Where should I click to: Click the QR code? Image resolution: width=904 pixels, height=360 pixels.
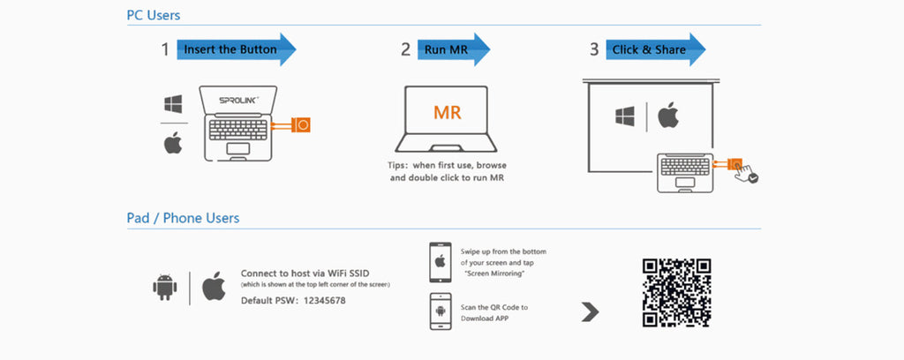pyautogui.click(x=677, y=293)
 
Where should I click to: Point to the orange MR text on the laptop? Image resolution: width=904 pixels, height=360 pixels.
pyautogui.click(x=447, y=112)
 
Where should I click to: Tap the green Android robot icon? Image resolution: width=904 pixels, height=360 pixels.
pyautogui.click(x=164, y=287)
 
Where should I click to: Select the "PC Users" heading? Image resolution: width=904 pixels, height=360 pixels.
pyautogui.click(x=154, y=15)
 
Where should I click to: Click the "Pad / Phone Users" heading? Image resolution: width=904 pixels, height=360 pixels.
pyautogui.click(x=183, y=217)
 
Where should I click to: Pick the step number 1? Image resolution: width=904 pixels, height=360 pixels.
pyautogui.click(x=165, y=49)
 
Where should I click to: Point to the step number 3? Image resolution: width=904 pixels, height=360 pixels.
pyautogui.click(x=594, y=49)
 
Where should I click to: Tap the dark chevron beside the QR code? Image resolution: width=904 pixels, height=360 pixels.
pyautogui.click(x=591, y=311)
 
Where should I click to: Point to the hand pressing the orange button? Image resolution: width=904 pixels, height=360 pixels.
pyautogui.click(x=748, y=172)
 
